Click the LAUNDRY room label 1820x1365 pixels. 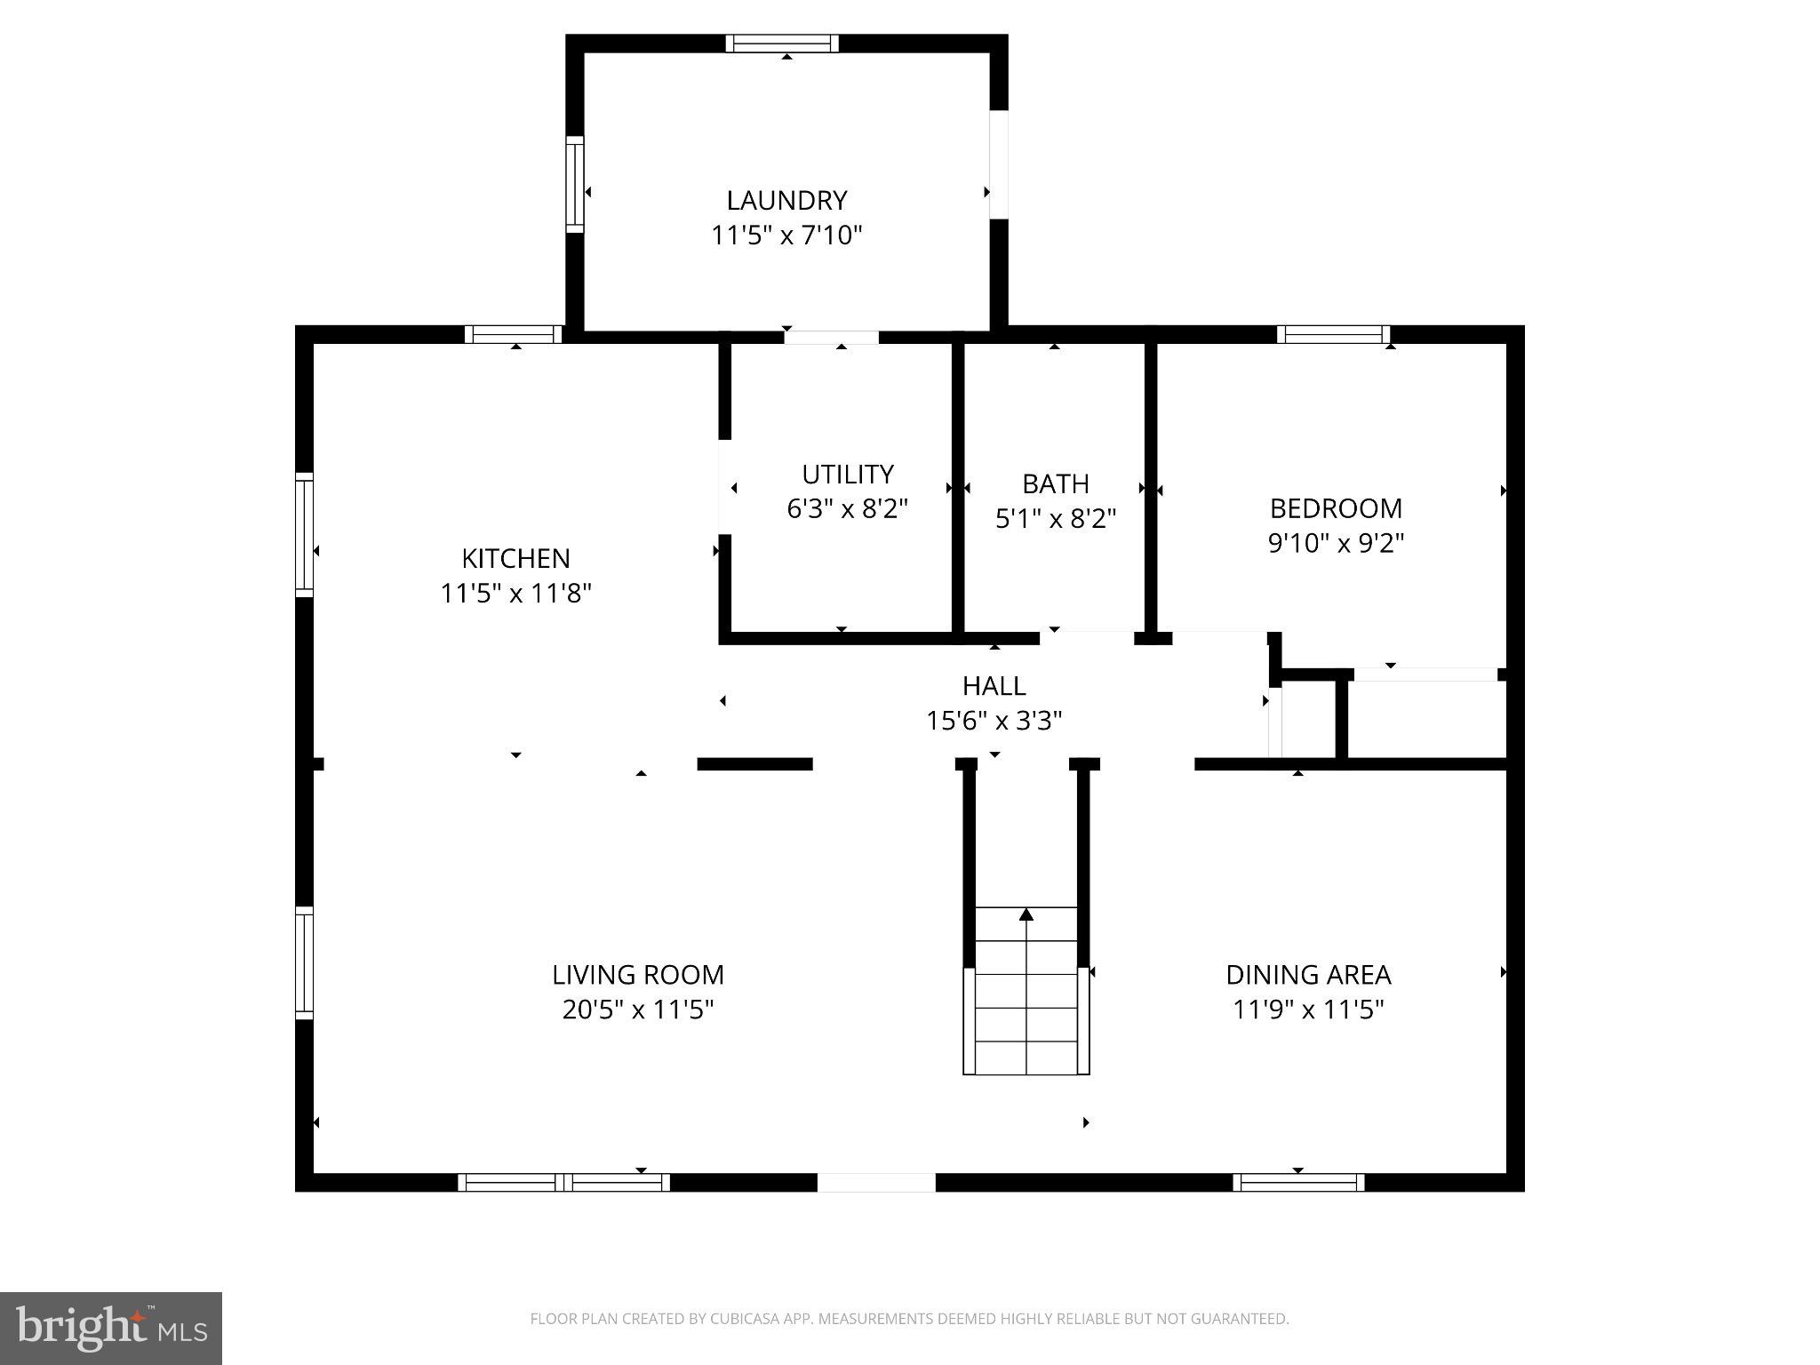786,200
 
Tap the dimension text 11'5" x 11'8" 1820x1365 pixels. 515,593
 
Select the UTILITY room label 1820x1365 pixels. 847,474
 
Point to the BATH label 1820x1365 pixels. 1055,483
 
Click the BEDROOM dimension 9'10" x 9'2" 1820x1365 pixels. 1336,542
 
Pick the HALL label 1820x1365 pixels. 994,685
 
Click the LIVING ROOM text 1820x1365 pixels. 638,975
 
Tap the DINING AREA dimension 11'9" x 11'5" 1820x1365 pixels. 1308,1010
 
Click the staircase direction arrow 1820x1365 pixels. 1026,914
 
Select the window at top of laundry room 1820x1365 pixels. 782,44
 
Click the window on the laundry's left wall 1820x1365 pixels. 575,185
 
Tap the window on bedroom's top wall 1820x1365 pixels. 1333,334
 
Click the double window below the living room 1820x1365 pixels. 563,1182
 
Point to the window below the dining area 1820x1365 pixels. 1298,1182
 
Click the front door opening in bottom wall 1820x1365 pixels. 875,1182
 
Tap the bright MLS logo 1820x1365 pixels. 110,1328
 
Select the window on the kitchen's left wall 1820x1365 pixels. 305,534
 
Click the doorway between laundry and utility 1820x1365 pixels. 831,337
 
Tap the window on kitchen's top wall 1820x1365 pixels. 513,334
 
